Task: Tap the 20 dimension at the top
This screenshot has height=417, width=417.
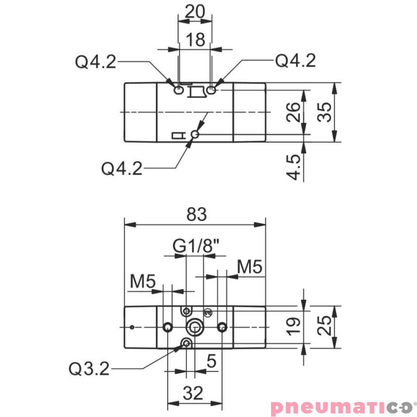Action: [194, 11]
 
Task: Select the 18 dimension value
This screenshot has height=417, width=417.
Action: [195, 40]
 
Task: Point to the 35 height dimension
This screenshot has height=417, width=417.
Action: [325, 112]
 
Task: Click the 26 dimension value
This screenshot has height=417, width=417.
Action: [295, 112]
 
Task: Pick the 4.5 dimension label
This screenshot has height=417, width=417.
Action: [295, 167]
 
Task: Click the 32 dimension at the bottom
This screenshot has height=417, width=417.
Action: [194, 394]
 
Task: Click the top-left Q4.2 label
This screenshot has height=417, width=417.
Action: [95, 63]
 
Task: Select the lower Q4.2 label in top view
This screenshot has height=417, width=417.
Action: [122, 168]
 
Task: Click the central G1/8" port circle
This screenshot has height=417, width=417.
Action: [195, 327]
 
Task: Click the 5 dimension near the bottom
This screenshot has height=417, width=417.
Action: [211, 361]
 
